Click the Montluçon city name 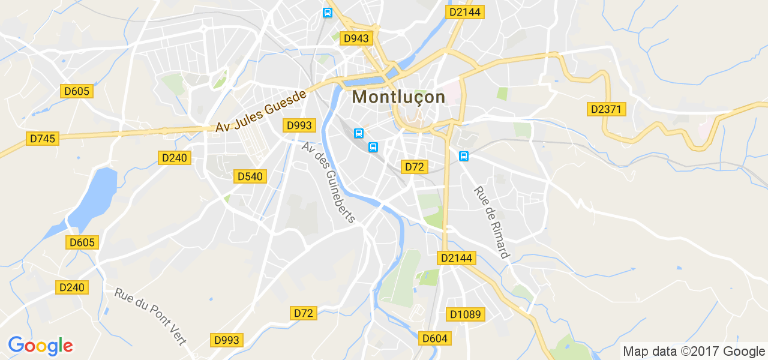pyautogui.click(x=398, y=97)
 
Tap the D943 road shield pyautogui.click(x=356, y=38)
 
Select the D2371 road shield pyautogui.click(x=607, y=109)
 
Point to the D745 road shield pyautogui.click(x=43, y=139)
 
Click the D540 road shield pyautogui.click(x=250, y=176)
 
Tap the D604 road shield pyautogui.click(x=434, y=338)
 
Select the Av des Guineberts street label pyautogui.click(x=329, y=182)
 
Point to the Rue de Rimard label pyautogui.click(x=491, y=222)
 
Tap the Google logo pyautogui.click(x=40, y=346)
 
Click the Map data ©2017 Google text pyautogui.click(x=694, y=352)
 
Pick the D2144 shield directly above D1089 pyautogui.click(x=457, y=258)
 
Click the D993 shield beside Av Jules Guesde pyautogui.click(x=298, y=125)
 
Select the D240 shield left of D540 pyautogui.click(x=174, y=158)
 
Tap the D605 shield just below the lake pyautogui.click(x=82, y=242)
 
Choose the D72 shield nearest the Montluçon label pyautogui.click(x=414, y=167)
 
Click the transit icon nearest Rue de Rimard pyautogui.click(x=463, y=156)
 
